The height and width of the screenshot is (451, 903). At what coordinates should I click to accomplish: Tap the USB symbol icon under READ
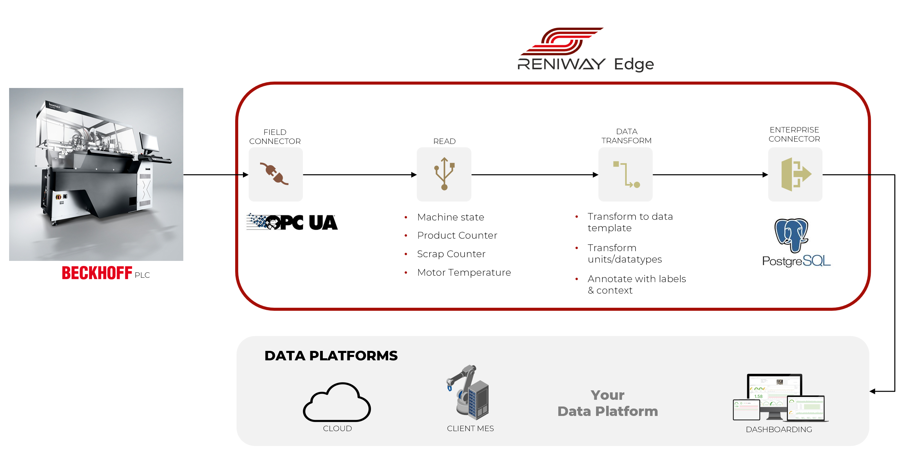pos(444,174)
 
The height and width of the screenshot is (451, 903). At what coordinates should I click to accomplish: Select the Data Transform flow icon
pos(626,174)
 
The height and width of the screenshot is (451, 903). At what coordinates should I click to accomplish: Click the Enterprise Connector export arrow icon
pos(796,174)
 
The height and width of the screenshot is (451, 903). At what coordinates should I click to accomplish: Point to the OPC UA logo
pos(292,222)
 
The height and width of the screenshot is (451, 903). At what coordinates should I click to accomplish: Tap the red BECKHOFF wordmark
pos(97,273)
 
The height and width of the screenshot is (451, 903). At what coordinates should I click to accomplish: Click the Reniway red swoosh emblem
pos(562,41)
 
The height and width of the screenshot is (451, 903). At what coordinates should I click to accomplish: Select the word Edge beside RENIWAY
pos(634,64)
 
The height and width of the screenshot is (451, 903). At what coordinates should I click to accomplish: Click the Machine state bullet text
pos(450,217)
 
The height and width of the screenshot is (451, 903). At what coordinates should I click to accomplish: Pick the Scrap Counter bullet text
pos(451,254)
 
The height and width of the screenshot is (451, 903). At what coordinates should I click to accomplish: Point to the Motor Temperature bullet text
pos(464,272)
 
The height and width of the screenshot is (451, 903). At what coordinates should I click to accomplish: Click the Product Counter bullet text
pos(457,235)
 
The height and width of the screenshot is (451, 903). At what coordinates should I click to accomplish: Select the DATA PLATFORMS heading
pos(331,356)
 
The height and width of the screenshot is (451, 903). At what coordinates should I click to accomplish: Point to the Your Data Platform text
pos(608,403)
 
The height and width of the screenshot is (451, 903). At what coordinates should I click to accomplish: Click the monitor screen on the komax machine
pos(150,142)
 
